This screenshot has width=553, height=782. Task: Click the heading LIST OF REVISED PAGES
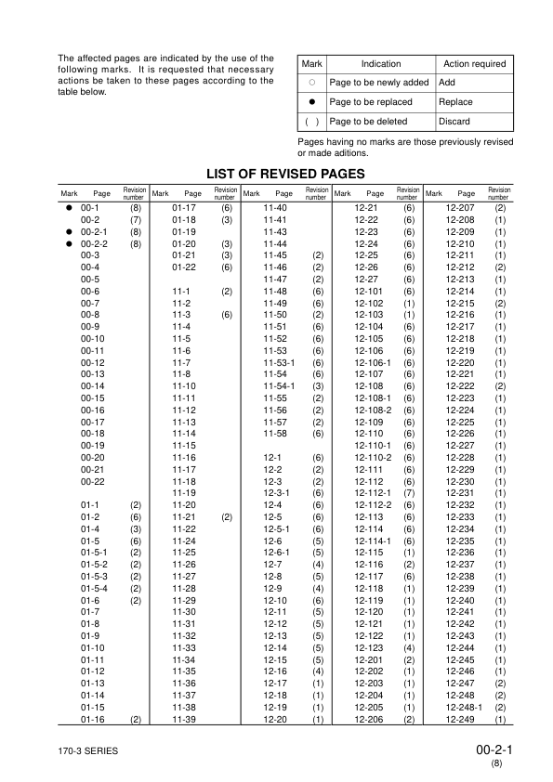277,173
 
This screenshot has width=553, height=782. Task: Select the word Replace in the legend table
454,102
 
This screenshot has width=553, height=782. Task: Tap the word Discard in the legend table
454,122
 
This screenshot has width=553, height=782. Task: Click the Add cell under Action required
446,83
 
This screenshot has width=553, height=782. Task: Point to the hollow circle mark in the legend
311,83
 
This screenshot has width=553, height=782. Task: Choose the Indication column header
380,64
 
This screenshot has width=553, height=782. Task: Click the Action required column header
475,64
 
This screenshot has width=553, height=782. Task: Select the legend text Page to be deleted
366,122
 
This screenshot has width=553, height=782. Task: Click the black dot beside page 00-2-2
68,243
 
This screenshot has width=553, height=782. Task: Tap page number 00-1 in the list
90,208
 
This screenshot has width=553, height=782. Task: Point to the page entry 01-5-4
94,588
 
